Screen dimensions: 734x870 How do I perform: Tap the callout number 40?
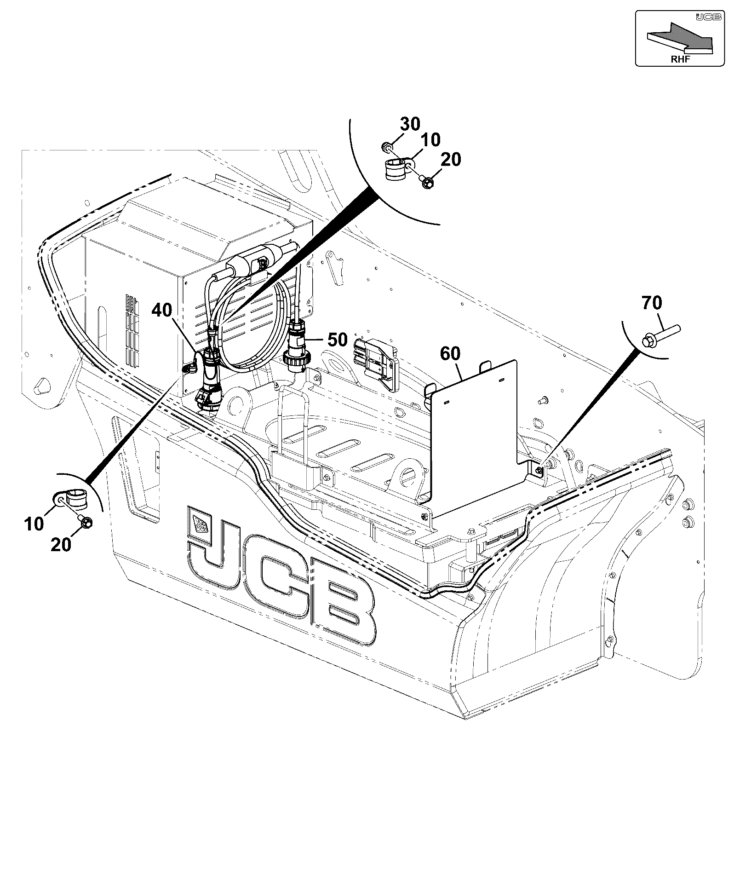(x=162, y=310)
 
